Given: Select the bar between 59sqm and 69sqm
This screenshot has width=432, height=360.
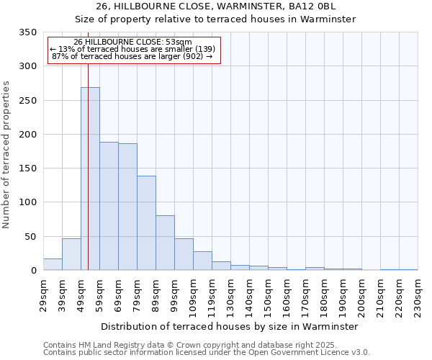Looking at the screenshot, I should click(x=109, y=206).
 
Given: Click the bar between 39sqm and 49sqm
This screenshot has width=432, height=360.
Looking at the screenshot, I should click(x=71, y=254).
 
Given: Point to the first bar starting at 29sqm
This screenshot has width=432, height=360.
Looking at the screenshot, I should click(x=53, y=264).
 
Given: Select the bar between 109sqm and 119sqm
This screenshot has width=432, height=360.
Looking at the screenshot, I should click(x=202, y=261).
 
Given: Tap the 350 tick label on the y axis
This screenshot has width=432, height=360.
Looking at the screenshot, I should click(x=27, y=32).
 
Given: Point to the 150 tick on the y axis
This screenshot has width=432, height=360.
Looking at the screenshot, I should click(x=27, y=168).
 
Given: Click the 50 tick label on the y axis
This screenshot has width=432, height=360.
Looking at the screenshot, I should click(x=30, y=236).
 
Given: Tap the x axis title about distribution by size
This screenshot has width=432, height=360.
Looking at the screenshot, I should click(x=230, y=326).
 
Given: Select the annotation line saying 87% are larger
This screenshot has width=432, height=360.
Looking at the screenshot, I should click(x=132, y=56).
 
